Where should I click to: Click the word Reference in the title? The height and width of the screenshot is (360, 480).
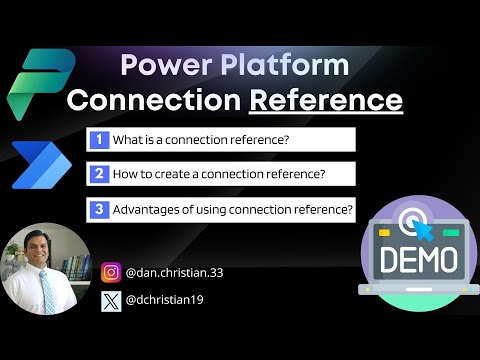point(340,100)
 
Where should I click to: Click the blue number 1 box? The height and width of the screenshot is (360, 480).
point(99,139)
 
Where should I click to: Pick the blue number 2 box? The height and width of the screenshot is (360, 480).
point(99,174)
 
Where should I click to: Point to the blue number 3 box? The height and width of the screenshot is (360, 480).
point(99,209)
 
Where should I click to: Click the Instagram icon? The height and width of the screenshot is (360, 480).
point(111,271)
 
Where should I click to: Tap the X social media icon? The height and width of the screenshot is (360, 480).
point(111,298)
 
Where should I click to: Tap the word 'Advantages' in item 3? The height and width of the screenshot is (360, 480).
point(151,209)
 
